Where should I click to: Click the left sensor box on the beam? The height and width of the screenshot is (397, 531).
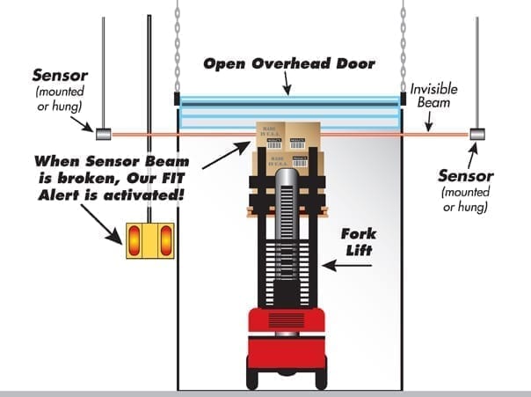click(x=102, y=134)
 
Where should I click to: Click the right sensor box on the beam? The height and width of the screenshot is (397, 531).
click(x=477, y=134)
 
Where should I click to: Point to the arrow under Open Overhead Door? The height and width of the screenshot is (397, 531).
click(x=287, y=85)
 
